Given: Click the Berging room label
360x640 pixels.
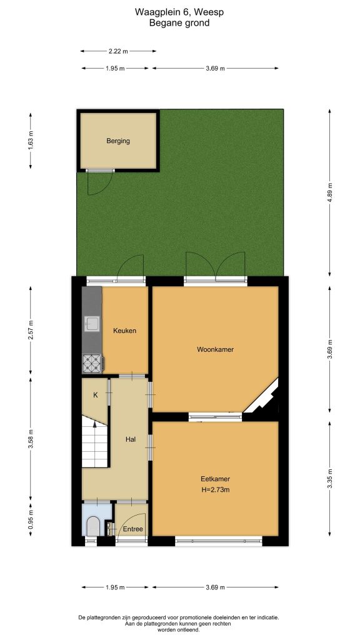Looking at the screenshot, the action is pos(118,141).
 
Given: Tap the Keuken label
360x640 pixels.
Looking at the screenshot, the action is pos(124,331).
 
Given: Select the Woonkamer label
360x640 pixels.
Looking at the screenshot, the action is pos(215,349).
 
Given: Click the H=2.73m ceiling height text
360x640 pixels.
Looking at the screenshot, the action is pos(215,490).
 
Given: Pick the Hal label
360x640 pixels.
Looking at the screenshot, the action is pos(130,439).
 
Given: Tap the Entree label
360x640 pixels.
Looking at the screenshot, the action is pos(133,529).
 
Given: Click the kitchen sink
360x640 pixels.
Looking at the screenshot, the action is pos(91,324).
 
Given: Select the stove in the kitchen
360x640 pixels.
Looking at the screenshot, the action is pos(92,363).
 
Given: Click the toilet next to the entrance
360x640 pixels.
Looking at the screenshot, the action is pos(94,526).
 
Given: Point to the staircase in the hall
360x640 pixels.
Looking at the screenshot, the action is pos(95,442).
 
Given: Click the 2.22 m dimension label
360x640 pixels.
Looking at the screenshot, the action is pos(118,51).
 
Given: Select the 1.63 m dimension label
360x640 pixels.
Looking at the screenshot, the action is pos(31,140).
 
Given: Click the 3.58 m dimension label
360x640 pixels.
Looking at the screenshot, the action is pos(31,439).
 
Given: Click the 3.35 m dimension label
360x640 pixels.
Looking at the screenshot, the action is pos(330,479).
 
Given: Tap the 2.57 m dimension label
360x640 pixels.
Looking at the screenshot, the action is pos(31,331).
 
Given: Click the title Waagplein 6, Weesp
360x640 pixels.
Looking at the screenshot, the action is pos(179,12).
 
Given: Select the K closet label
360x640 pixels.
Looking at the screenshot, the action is pos(96,395).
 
